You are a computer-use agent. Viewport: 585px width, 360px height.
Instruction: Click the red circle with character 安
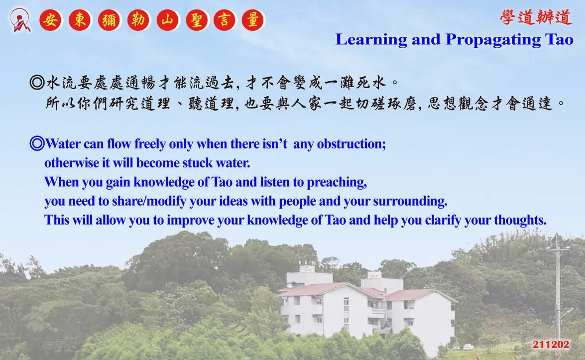pyautogui.click(x=50, y=20)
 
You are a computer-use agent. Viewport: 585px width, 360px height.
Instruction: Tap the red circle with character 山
pyautogui.click(x=167, y=20)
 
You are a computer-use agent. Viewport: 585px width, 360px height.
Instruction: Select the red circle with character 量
pyautogui.click(x=253, y=20)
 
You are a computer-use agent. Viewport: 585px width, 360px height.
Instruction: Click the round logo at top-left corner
pyautogui.click(x=20, y=20)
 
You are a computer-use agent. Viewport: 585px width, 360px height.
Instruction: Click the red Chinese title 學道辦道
pyautogui.click(x=536, y=17)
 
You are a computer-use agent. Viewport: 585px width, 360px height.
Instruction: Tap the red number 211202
pyautogui.click(x=551, y=345)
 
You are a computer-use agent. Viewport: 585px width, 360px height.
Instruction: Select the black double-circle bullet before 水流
pyautogui.click(x=37, y=82)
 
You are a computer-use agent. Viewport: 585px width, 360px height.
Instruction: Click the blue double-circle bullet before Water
pyautogui.click(x=37, y=143)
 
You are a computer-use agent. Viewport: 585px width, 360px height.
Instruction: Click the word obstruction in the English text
pyautogui.click(x=351, y=143)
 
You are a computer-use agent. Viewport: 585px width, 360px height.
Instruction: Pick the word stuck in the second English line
pyautogui.click(x=199, y=163)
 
